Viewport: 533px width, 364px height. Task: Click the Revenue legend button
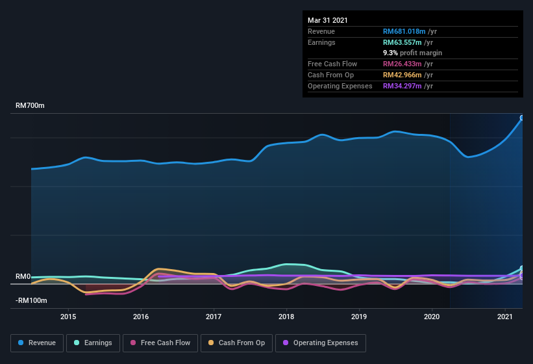tap(37, 343)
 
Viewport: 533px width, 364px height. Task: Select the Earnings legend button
tap(93, 343)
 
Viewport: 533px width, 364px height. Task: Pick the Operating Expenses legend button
tap(320, 343)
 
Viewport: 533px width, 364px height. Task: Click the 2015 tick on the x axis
tap(68, 317)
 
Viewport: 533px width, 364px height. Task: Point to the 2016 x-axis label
tap(141, 317)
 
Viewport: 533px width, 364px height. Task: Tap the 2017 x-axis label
tap(214, 317)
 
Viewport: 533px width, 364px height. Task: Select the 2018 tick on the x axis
tap(287, 317)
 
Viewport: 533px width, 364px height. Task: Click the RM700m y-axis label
tap(30, 105)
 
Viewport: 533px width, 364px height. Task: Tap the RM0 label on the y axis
tap(23, 277)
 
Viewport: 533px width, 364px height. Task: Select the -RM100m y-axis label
tap(32, 301)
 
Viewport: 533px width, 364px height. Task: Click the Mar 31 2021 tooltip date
tap(328, 20)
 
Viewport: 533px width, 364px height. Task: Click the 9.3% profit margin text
tap(412, 53)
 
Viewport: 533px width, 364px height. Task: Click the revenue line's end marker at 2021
tap(521, 118)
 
